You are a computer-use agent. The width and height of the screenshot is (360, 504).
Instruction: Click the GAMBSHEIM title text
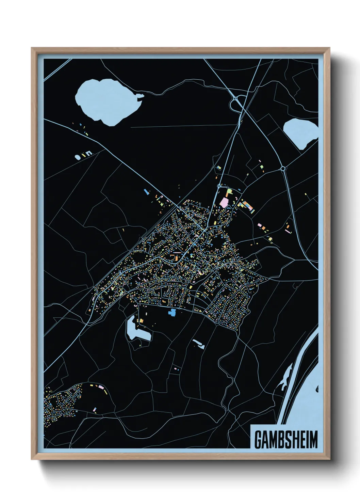(286, 440)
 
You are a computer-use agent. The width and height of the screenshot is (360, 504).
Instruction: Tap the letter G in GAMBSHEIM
(258, 440)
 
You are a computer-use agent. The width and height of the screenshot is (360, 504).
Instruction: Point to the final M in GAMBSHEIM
(313, 440)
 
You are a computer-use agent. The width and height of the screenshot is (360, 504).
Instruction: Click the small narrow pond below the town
(198, 344)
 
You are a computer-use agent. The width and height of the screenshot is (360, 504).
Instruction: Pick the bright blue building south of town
(172, 312)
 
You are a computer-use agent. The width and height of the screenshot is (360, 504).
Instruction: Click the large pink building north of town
(224, 203)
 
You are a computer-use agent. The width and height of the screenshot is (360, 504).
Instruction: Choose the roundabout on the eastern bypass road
(282, 168)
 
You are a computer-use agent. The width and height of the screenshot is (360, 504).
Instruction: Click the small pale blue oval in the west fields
(78, 157)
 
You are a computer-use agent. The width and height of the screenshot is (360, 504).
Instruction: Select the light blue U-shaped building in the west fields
(88, 154)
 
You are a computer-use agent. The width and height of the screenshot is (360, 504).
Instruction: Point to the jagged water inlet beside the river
(285, 378)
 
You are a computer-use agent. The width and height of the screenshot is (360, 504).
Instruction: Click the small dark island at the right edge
(317, 389)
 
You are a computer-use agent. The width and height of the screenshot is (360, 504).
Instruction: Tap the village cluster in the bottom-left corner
(63, 402)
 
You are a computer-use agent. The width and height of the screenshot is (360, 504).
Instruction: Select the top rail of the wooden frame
(180, 50)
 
